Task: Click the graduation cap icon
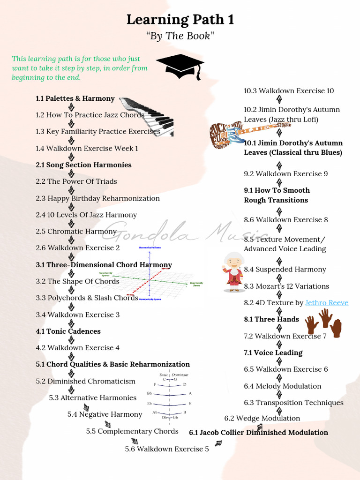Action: click(x=180, y=66)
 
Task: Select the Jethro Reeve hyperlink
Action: click(x=327, y=303)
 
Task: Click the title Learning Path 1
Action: click(x=180, y=20)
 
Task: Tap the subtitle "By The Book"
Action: click(x=180, y=36)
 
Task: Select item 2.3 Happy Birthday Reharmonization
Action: click(x=97, y=198)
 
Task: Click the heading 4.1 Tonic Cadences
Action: click(x=68, y=331)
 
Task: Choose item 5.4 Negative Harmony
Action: click(x=105, y=414)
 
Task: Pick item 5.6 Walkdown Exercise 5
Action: click(x=167, y=449)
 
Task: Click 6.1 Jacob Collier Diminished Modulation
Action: click(x=258, y=433)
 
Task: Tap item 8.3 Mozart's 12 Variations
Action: click(x=286, y=286)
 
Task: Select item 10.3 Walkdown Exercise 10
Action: click(x=289, y=91)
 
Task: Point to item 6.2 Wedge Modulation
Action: click(x=262, y=419)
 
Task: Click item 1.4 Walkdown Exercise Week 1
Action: click(x=87, y=149)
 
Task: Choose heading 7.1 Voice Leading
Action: click(x=273, y=353)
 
